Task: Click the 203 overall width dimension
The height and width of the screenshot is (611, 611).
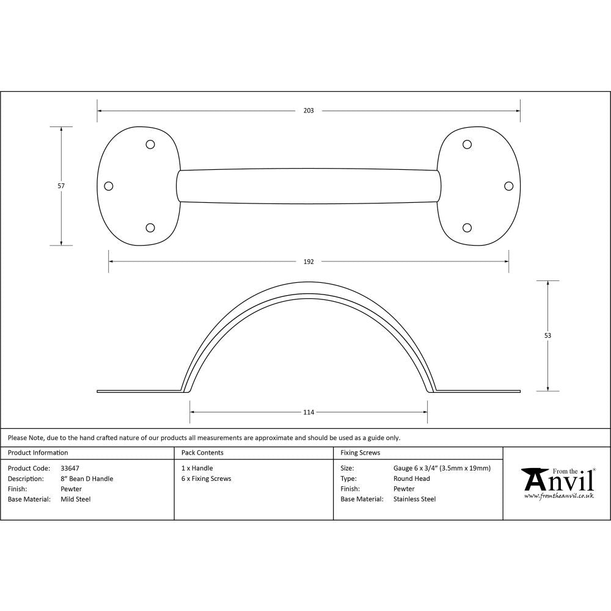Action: tap(308, 111)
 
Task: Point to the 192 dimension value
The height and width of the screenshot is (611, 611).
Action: tap(308, 262)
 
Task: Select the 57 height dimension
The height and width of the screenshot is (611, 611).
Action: tap(61, 186)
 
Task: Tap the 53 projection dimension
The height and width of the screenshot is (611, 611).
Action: tap(547, 335)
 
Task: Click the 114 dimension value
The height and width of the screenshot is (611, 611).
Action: tap(308, 412)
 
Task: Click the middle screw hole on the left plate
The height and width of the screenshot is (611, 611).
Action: tap(109, 186)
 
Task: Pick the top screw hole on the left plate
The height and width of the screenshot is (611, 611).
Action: tap(150, 145)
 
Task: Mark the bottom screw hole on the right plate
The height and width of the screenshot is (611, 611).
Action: tap(467, 228)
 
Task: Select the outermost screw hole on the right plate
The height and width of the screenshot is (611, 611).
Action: tap(508, 186)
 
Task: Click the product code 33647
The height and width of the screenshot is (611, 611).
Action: tap(70, 469)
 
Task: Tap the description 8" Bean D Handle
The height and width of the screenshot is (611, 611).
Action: tap(87, 479)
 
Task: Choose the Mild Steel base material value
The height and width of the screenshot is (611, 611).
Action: tap(76, 499)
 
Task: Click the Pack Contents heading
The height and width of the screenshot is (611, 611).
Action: tap(202, 453)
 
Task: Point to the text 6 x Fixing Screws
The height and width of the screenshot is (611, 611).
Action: tap(207, 479)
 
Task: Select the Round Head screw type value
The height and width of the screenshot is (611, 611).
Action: tap(411, 479)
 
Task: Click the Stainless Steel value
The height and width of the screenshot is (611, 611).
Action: tap(414, 499)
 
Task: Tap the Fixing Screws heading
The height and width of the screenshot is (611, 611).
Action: tap(360, 453)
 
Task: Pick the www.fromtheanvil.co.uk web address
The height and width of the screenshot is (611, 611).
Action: tap(558, 496)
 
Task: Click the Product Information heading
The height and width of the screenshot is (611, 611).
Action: tap(38, 453)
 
